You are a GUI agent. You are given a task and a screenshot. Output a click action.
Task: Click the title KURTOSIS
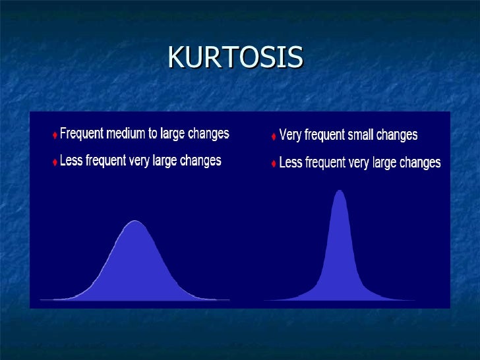(x=235, y=58)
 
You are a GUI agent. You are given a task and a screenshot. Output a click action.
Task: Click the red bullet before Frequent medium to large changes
(x=55, y=135)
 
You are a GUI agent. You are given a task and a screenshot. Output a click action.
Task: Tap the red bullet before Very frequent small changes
(x=274, y=136)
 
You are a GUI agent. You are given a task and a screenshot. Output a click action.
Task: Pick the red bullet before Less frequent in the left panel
(x=55, y=162)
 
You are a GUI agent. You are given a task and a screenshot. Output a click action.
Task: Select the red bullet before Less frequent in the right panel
(x=274, y=164)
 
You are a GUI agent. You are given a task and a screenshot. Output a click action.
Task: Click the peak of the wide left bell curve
(x=135, y=222)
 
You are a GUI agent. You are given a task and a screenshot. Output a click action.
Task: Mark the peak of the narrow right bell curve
(x=340, y=192)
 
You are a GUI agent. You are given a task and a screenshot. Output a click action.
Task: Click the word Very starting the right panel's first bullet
(x=291, y=135)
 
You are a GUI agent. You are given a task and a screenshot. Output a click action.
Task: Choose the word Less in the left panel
(x=72, y=161)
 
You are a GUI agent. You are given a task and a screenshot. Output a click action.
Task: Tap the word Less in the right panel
(x=291, y=162)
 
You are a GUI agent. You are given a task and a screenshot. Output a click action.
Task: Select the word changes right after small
(x=397, y=135)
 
